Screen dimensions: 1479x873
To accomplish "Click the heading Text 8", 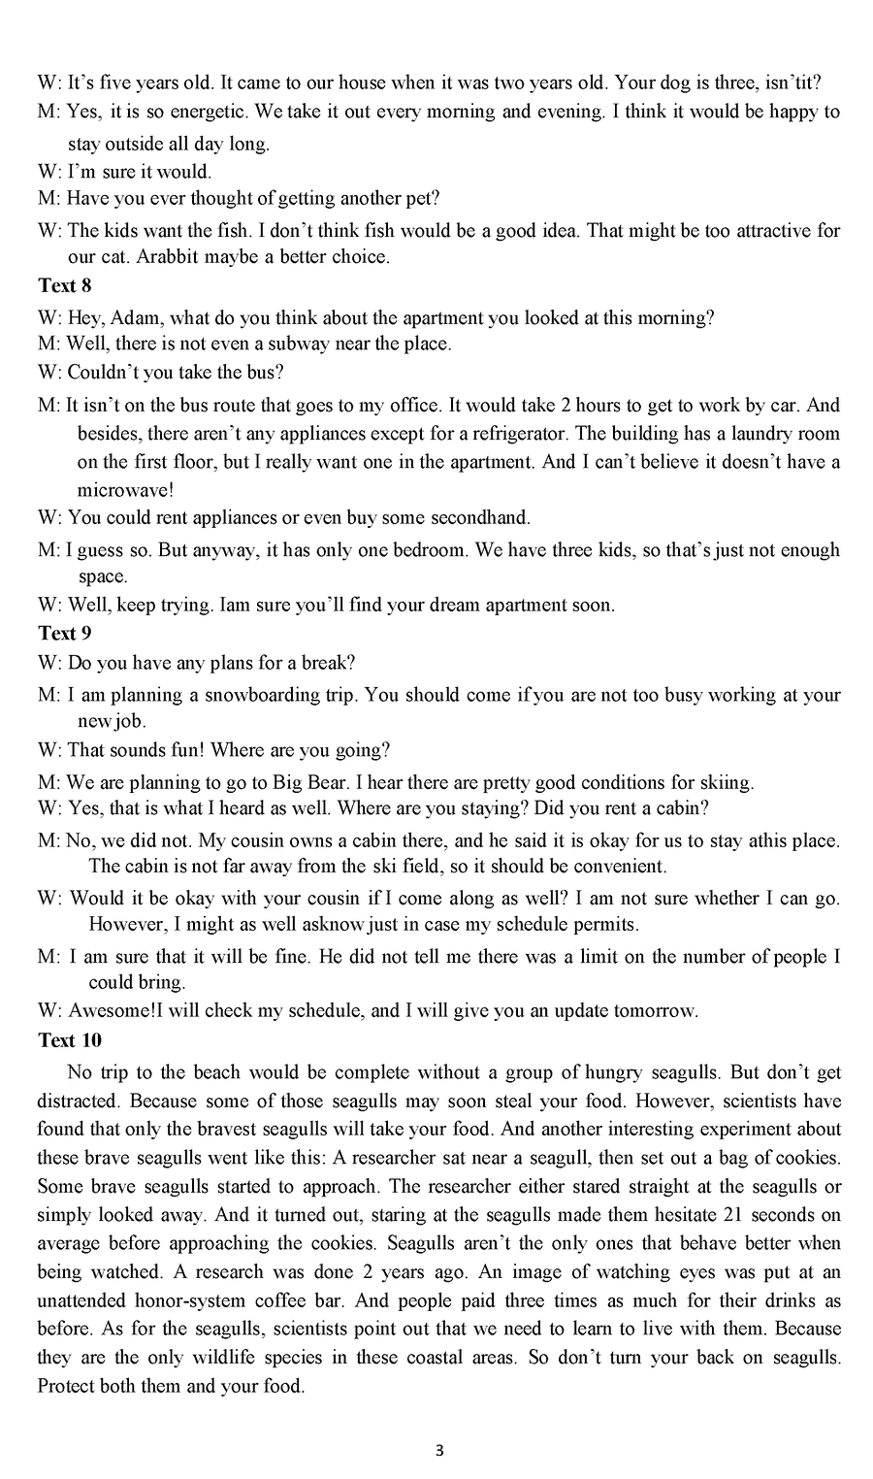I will click(x=64, y=286).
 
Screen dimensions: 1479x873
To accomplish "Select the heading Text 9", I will click(x=64, y=634).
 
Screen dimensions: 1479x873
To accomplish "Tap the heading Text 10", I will click(x=69, y=1040).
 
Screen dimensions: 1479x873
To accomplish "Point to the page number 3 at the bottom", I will click(x=439, y=1452).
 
